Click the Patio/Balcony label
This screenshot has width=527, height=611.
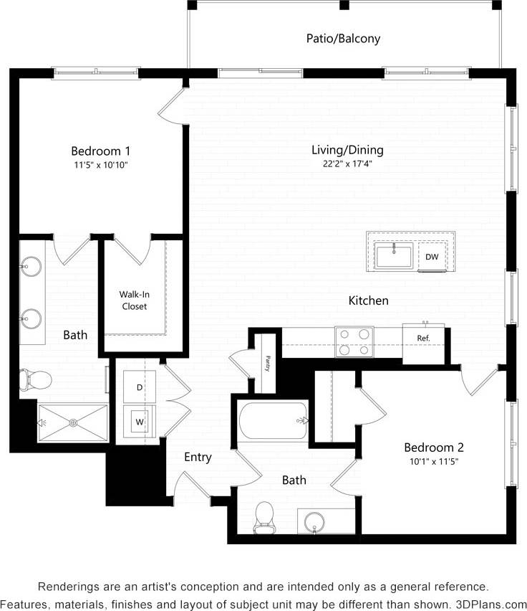click(343, 39)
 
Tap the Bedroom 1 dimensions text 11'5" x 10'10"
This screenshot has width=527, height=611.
click(100, 165)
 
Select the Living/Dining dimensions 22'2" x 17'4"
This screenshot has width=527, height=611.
click(347, 164)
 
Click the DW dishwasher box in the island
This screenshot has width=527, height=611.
click(432, 257)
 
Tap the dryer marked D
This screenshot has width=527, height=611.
click(140, 387)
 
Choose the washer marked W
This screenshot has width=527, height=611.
click(140, 422)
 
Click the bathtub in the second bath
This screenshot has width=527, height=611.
click(274, 422)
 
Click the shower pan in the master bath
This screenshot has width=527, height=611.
click(72, 422)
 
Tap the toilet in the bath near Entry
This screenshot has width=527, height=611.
click(265, 516)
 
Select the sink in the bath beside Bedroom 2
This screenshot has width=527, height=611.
click(315, 521)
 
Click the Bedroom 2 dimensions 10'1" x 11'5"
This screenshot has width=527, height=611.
click(429, 461)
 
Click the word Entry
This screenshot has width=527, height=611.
click(198, 457)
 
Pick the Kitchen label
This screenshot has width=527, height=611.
click(368, 300)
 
